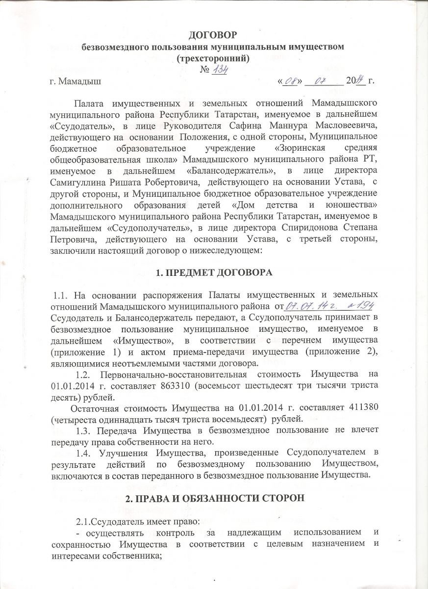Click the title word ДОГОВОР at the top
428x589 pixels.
tap(214, 35)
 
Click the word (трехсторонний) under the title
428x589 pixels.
tap(214, 58)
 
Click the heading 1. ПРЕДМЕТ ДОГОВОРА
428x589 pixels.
tap(214, 271)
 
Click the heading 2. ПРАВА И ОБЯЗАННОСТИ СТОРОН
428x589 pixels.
tap(214, 498)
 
